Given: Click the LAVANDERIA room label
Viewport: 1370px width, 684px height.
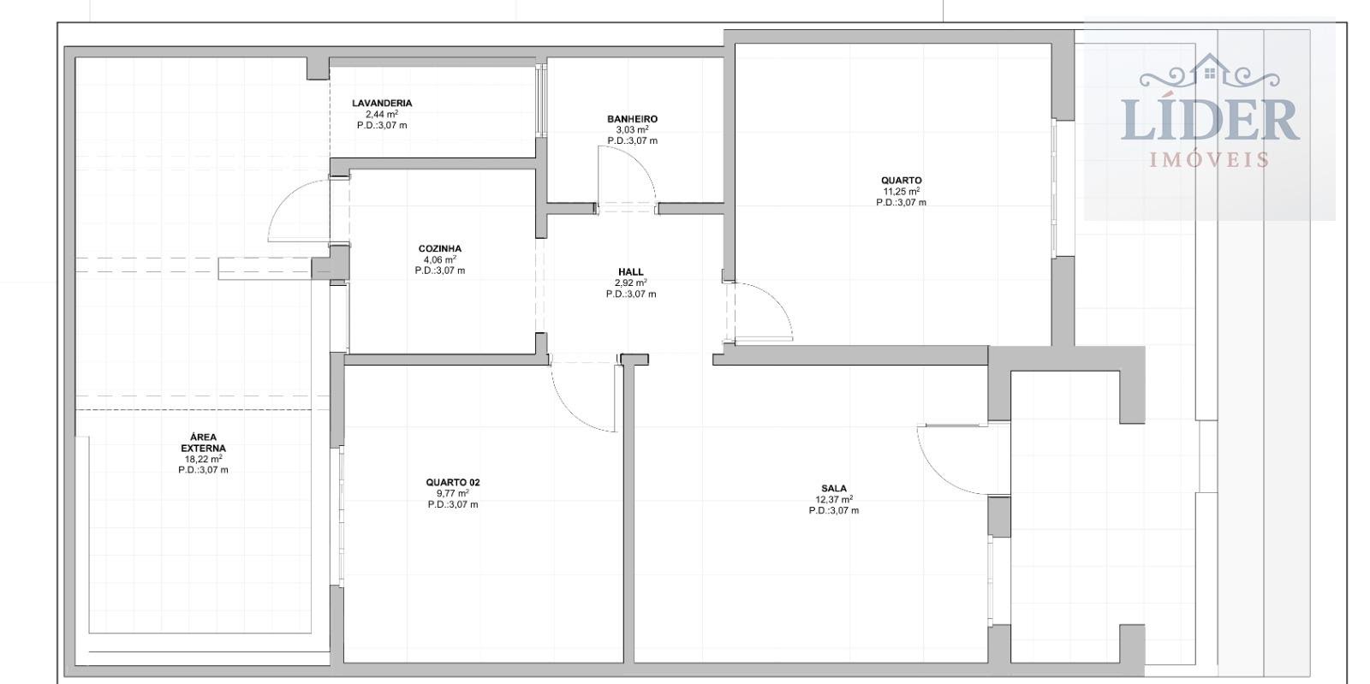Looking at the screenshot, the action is click(x=382, y=104).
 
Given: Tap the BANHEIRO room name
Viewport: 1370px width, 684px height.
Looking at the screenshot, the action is click(x=633, y=119).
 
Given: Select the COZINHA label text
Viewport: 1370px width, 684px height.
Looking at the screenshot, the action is click(x=440, y=249).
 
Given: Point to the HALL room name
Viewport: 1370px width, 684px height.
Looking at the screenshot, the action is click(x=630, y=272).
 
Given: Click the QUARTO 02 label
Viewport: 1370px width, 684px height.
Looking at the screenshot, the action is click(x=453, y=482).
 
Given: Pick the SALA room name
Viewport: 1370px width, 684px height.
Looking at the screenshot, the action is click(x=834, y=489).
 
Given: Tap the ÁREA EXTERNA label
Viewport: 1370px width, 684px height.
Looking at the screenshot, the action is click(x=203, y=443).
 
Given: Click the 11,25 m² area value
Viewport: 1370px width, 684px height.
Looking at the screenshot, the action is click(x=902, y=191).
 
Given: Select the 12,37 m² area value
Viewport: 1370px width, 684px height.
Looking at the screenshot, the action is click(x=834, y=499).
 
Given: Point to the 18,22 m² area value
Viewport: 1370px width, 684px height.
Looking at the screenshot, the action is click(x=203, y=459).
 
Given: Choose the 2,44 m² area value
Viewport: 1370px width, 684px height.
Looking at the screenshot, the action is click(x=382, y=115).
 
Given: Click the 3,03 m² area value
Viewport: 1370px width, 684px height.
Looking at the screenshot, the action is click(x=633, y=129).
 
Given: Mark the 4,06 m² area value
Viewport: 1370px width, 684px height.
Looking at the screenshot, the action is click(x=440, y=259).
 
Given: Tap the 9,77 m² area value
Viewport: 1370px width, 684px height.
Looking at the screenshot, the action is click(x=453, y=493).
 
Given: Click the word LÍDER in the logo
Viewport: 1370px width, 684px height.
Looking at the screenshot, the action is click(x=1210, y=120).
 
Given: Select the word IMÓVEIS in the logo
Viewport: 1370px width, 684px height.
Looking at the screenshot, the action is click(x=1209, y=160).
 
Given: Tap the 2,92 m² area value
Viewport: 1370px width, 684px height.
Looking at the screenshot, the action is click(x=630, y=283).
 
